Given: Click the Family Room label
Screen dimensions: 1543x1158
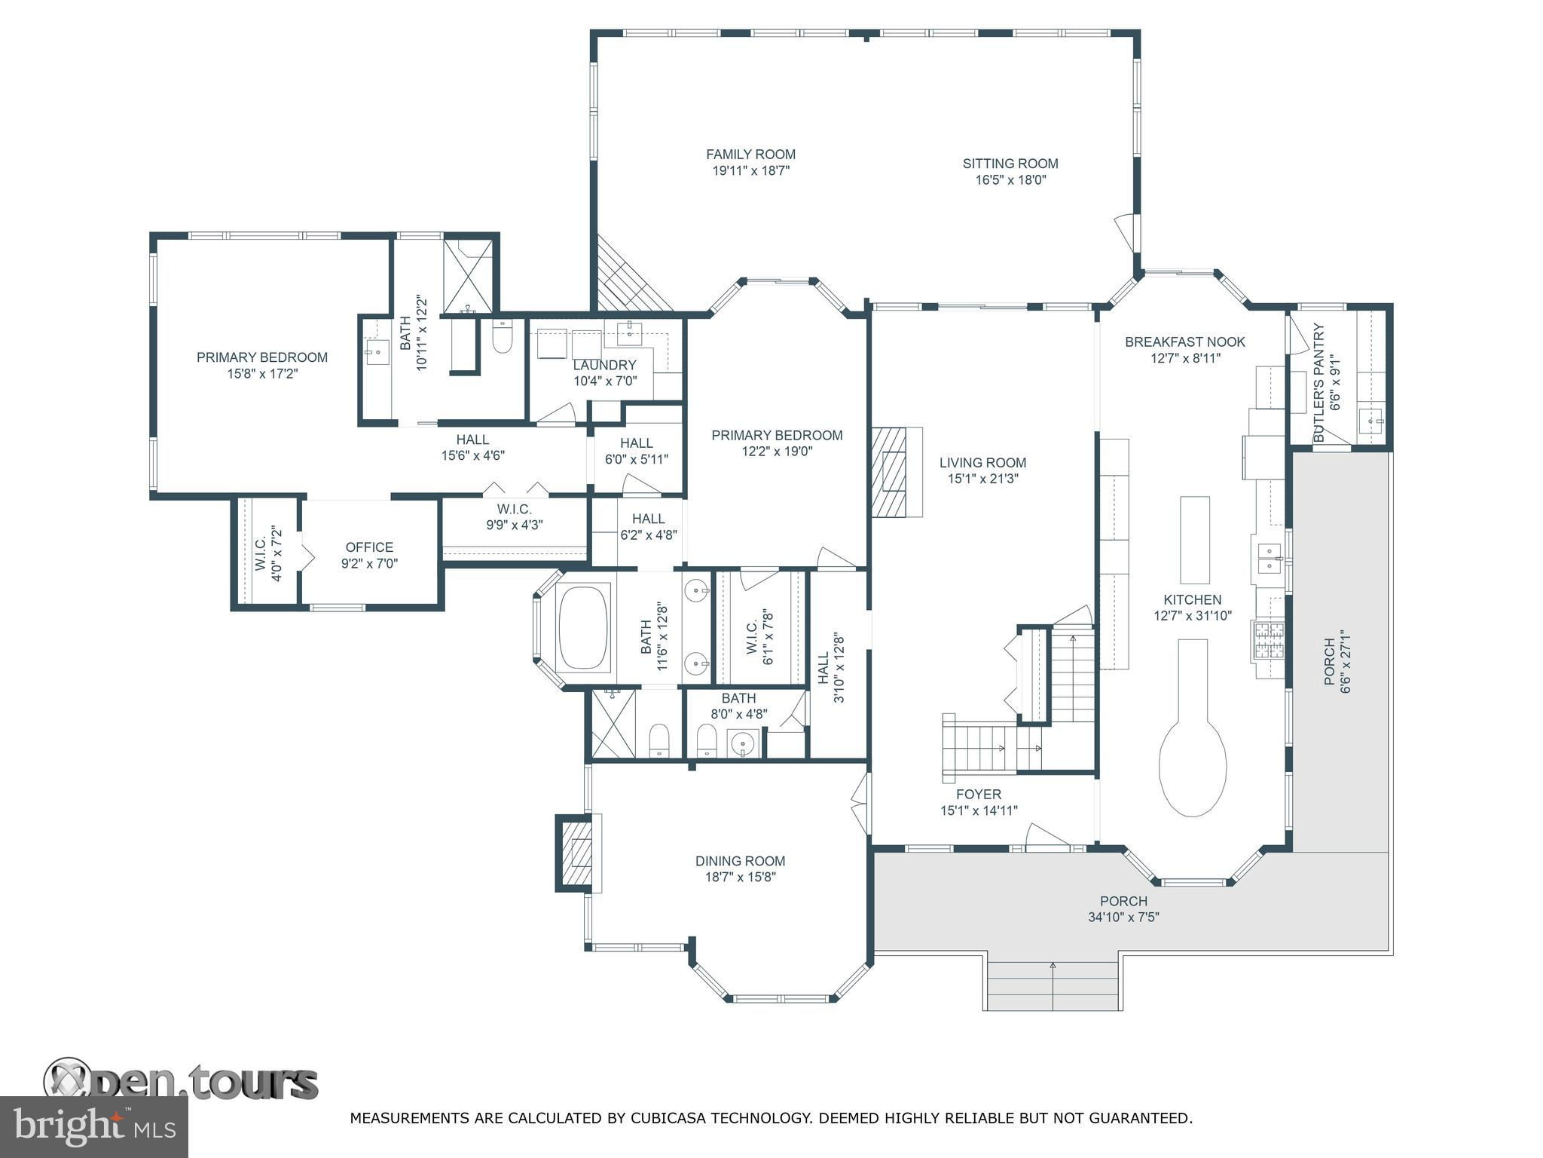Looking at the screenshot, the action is coord(750,155).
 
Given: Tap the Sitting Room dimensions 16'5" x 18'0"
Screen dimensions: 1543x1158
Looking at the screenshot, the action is coord(1010,180).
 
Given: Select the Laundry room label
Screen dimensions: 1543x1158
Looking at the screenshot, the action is coord(604,365).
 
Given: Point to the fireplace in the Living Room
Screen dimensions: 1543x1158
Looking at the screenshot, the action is coord(897,472).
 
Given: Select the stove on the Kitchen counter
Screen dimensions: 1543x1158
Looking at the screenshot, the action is coord(1268,642).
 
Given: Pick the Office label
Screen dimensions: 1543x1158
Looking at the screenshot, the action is coord(369,547).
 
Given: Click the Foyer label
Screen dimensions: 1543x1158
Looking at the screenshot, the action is coord(979,795).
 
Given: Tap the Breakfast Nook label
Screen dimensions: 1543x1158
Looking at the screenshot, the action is coord(1185,342).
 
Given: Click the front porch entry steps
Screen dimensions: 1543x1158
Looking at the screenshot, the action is coord(1053,985).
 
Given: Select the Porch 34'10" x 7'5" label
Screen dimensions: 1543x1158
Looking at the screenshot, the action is coord(1123,909).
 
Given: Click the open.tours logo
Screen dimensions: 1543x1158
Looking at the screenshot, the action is coord(181,1080).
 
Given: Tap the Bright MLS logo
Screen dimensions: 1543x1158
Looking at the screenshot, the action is coord(94,1127).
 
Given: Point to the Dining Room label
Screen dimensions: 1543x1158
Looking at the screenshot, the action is coord(740,861).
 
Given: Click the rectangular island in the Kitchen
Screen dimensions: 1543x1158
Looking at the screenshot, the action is coord(1195,540).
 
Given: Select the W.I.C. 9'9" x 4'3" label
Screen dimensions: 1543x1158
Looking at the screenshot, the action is coord(515,517).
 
